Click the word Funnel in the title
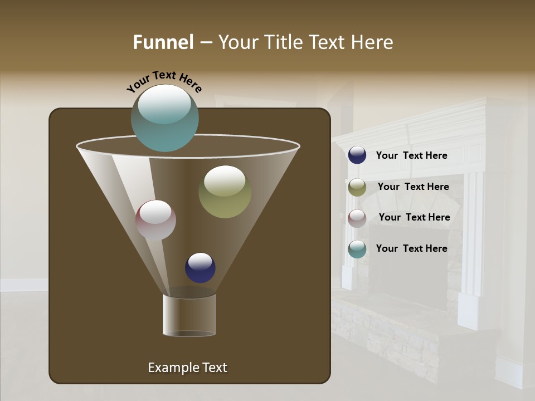[163, 42]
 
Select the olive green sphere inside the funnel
[225, 192]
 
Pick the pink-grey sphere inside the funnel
[155, 220]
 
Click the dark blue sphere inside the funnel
[200, 268]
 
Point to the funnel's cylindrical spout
[189, 315]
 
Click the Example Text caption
[187, 368]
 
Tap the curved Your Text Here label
[164, 81]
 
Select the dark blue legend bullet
[357, 155]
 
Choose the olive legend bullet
[357, 187]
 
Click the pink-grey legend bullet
[357, 218]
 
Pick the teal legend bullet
[357, 249]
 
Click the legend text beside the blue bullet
[411, 156]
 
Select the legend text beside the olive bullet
[413, 187]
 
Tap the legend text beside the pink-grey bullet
[414, 217]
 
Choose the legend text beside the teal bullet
[411, 248]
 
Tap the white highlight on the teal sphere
[164, 104]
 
